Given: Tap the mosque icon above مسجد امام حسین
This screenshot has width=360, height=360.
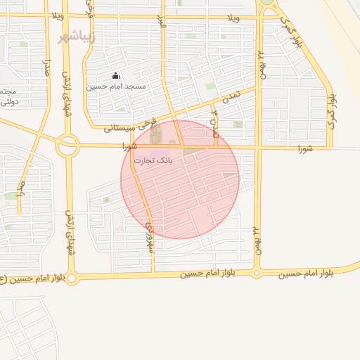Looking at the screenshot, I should tap(116, 77).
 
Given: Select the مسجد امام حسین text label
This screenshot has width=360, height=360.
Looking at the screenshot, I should tap(116, 86).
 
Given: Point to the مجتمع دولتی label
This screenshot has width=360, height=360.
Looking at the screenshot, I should tap(6, 97).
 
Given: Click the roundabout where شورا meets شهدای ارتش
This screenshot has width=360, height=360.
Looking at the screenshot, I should tap(68, 146).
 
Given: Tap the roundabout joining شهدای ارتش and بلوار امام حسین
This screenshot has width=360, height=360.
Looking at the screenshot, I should tap(72, 278).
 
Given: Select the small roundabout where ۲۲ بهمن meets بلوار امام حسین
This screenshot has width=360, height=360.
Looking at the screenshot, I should tap(257, 273).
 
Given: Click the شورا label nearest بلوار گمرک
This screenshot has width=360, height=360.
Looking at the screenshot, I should tap(304, 148).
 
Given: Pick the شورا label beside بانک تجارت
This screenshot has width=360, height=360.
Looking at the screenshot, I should tap(128, 147).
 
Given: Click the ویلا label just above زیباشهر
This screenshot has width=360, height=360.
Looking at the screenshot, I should tap(57, 15).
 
